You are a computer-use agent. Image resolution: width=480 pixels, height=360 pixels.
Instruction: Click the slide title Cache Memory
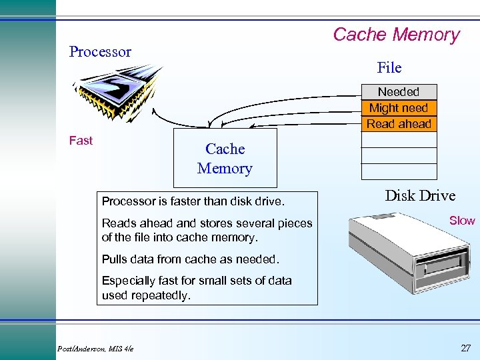pyautogui.click(x=396, y=35)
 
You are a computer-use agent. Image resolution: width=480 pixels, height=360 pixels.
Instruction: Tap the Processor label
pyautogui.click(x=100, y=52)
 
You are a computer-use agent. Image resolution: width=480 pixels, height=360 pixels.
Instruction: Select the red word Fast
pyautogui.click(x=81, y=141)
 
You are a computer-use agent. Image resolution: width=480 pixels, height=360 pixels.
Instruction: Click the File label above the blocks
pyautogui.click(x=389, y=68)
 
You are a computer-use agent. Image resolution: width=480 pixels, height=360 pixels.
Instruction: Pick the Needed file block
pyautogui.click(x=399, y=92)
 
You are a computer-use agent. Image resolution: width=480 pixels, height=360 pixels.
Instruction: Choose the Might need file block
pyautogui.click(x=399, y=108)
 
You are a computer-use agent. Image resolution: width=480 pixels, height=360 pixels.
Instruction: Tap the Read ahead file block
pyautogui.click(x=399, y=124)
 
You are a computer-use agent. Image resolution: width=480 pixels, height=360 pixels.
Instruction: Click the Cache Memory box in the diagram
pyautogui.click(x=225, y=159)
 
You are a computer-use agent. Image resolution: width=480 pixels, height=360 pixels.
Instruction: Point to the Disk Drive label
pyautogui.click(x=420, y=196)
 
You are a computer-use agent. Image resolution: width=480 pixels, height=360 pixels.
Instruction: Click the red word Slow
pyautogui.click(x=462, y=221)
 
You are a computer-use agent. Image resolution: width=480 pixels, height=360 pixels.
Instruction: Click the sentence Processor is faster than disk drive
pyautogui.click(x=193, y=201)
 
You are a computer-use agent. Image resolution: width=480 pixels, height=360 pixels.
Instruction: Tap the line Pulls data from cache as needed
pyautogui.click(x=190, y=259)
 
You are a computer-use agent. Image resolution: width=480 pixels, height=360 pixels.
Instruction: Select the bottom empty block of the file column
pyautogui.click(x=399, y=172)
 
